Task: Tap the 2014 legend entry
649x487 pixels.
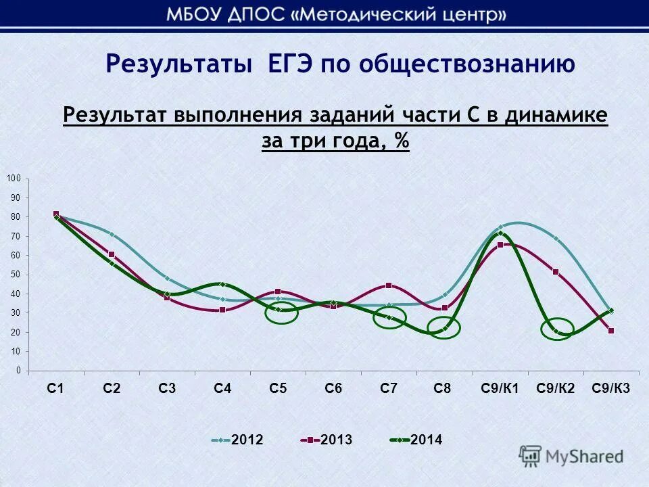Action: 416,440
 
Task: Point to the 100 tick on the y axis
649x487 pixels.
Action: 14,178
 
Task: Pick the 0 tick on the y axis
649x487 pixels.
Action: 18,371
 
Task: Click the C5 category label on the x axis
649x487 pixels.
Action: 278,388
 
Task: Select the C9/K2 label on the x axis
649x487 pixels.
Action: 556,388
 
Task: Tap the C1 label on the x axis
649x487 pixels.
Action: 55,388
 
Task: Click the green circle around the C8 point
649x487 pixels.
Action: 444,328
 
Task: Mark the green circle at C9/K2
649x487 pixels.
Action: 557,329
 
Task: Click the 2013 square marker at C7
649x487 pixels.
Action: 389,285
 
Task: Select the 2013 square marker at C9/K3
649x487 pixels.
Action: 611,331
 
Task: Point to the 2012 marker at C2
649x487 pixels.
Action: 112,235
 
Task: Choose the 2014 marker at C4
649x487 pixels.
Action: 222,285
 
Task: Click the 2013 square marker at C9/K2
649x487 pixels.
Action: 556,272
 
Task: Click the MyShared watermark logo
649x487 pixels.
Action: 572,456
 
